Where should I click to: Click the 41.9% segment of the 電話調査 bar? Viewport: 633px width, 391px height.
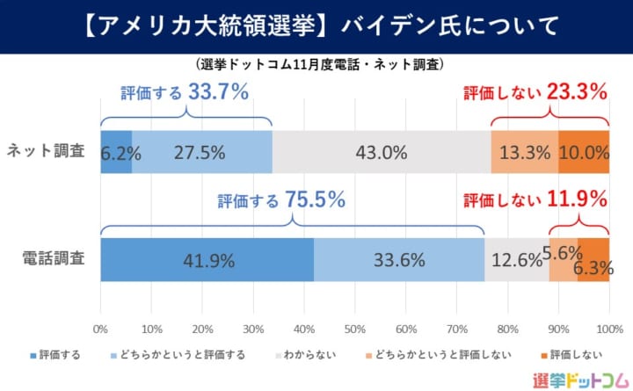[x=207, y=259]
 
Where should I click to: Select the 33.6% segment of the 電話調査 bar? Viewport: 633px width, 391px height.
[x=398, y=259]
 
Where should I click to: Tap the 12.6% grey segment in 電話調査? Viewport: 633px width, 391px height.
[x=517, y=259]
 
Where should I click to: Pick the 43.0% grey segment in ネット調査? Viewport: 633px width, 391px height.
[x=382, y=151]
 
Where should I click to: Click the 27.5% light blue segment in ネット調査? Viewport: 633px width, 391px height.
[x=202, y=151]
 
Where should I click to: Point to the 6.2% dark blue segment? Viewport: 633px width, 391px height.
[x=116, y=151]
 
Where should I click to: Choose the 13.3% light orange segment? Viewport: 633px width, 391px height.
[x=525, y=151]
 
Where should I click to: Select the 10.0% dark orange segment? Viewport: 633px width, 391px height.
[x=584, y=151]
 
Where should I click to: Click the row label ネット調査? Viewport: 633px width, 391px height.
[x=45, y=151]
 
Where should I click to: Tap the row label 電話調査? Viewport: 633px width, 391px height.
[x=54, y=259]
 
